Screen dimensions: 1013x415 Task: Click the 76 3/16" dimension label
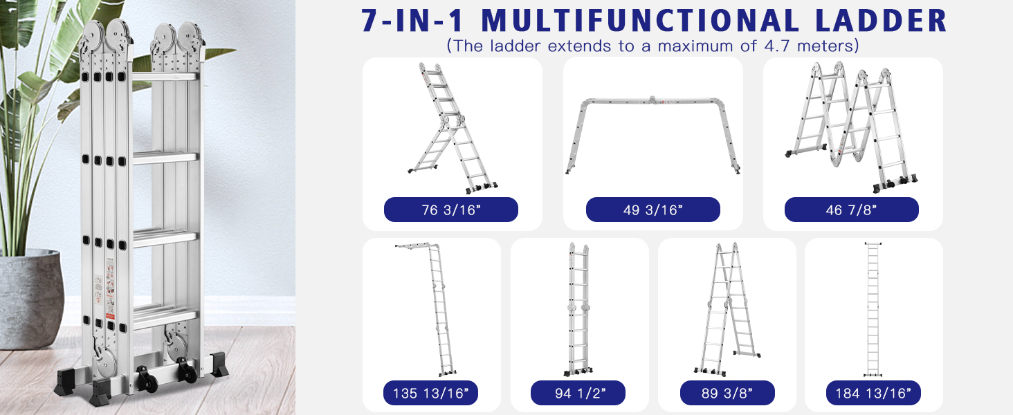tap(451, 210)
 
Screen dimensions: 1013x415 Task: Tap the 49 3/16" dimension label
tap(652, 210)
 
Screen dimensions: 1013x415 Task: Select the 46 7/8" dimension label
tap(852, 210)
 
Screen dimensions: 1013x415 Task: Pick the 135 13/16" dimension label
tap(430, 393)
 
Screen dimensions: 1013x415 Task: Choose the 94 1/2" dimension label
tap(578, 393)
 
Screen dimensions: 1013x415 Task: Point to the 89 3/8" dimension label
tap(727, 393)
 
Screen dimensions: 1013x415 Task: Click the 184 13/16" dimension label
tap(873, 393)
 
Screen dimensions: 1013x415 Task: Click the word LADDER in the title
tap(881, 20)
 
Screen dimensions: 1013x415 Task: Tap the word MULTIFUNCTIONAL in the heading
tap(640, 20)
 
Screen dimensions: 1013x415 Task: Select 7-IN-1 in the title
tap(412, 20)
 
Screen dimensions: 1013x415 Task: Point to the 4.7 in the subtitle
tap(777, 46)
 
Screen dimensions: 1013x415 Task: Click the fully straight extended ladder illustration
tap(873, 309)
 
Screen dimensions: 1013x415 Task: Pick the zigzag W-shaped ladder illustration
tap(852, 127)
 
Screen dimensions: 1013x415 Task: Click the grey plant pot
tap(30, 299)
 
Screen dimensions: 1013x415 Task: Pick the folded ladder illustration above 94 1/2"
tap(578, 309)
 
